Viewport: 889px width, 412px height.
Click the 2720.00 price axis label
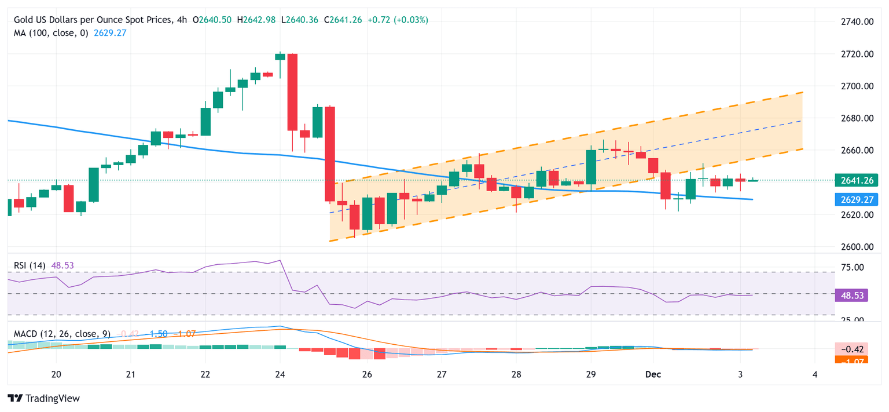coord(857,54)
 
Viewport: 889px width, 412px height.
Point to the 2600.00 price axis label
coord(857,247)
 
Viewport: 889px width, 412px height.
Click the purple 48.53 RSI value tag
coord(851,296)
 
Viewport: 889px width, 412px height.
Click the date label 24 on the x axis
coord(280,374)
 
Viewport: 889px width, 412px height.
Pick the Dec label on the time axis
coord(652,374)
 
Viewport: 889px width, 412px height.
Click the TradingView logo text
coord(45,398)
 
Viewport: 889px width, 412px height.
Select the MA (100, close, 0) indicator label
coord(51,33)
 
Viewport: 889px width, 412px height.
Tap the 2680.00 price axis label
coord(857,118)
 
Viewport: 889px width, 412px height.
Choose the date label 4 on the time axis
coord(814,374)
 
